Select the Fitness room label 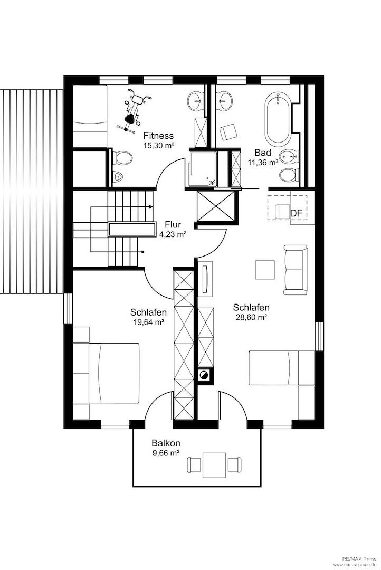[x=158, y=136]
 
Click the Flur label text [x=173, y=224]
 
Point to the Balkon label [x=166, y=443]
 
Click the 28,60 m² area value [x=251, y=317]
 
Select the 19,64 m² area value [x=149, y=322]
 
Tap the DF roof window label [x=296, y=213]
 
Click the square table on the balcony [x=214, y=465]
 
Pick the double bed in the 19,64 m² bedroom [x=114, y=373]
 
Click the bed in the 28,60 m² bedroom [x=281, y=367]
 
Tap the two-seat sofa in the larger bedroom [x=296, y=270]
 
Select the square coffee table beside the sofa [x=265, y=269]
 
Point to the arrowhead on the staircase [x=150, y=207]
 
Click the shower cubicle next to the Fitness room [x=203, y=169]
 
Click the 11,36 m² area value [x=263, y=163]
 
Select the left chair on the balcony [x=194, y=464]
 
